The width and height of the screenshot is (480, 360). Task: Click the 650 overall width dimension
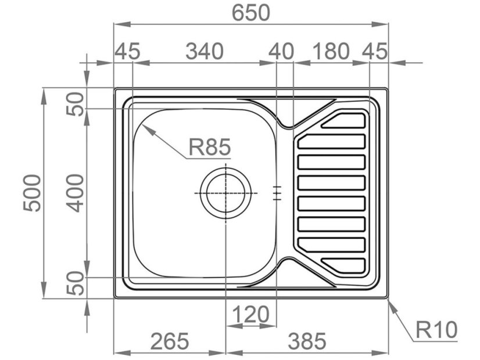point(250,13)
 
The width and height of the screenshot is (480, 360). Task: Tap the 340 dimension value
point(205,51)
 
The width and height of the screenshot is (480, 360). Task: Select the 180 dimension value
point(331,51)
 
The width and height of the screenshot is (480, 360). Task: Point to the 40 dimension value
point(281,51)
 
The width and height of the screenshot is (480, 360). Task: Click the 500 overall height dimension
point(32,193)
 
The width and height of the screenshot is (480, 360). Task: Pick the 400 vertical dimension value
point(75,193)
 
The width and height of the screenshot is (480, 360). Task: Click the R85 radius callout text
point(209,147)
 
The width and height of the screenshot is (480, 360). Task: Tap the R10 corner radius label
point(436,330)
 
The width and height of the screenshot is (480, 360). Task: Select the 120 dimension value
point(251,314)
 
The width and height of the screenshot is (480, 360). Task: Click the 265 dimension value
point(170,341)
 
